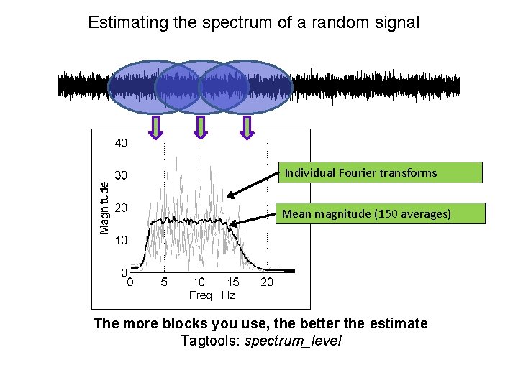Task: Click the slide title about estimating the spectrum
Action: click(x=253, y=22)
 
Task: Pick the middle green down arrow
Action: click(x=201, y=127)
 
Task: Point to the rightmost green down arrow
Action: click(x=247, y=127)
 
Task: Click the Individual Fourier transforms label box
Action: click(x=379, y=172)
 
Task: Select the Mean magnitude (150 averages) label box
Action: click(x=379, y=213)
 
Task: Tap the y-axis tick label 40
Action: click(x=122, y=143)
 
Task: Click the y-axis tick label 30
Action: click(x=122, y=175)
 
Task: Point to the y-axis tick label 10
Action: click(x=122, y=239)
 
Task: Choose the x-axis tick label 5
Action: click(x=164, y=282)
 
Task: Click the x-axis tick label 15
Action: click(x=233, y=282)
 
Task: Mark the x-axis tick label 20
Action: click(x=267, y=282)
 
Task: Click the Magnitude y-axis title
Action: click(x=105, y=207)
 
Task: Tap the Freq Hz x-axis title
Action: click(x=212, y=295)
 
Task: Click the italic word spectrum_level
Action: click(x=293, y=341)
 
